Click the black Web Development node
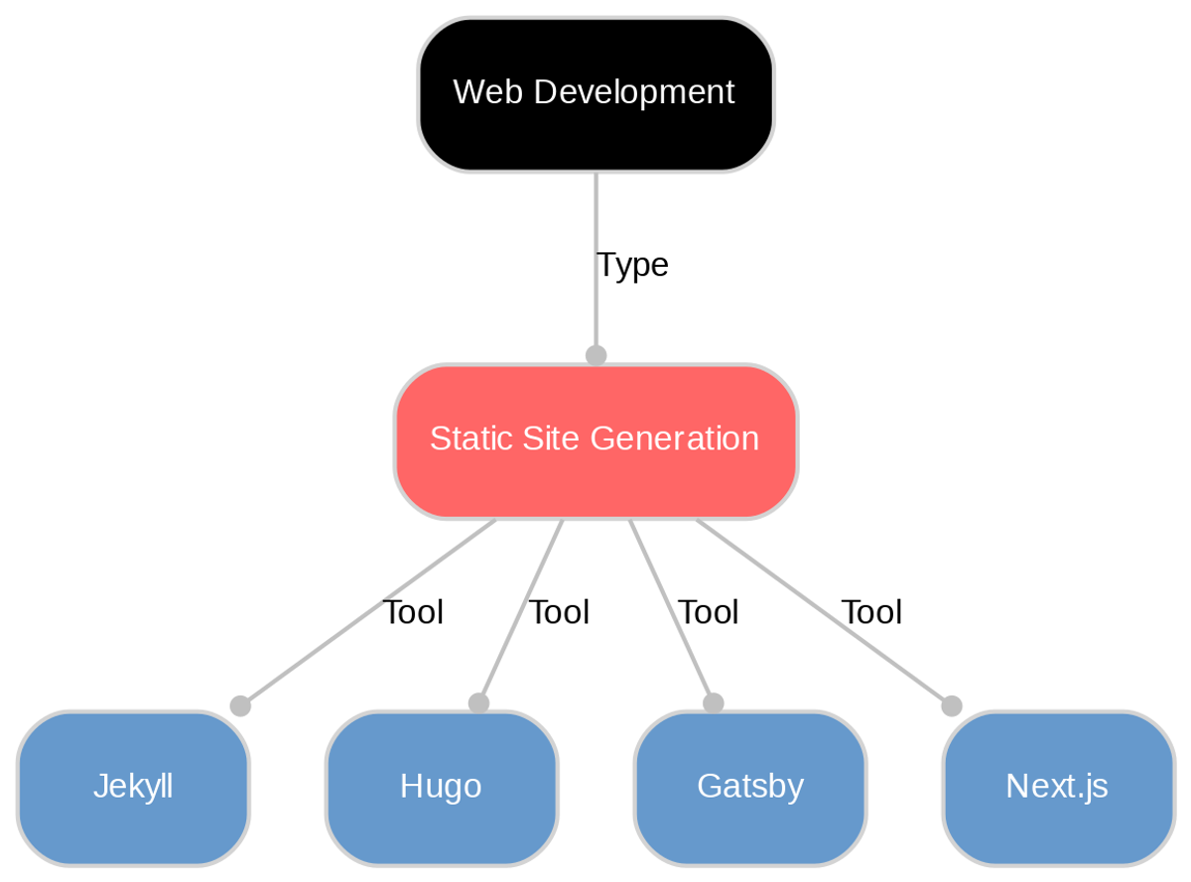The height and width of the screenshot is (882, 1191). click(x=595, y=94)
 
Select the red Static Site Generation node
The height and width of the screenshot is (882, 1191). click(x=595, y=441)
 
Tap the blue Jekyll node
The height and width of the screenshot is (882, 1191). click(x=133, y=788)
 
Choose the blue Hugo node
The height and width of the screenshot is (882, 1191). click(x=442, y=788)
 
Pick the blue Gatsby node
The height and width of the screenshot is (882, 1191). click(x=750, y=788)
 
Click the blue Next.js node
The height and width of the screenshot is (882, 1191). click(x=1058, y=788)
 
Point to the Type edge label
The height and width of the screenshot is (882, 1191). click(x=632, y=265)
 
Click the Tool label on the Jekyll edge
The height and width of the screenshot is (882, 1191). click(x=412, y=613)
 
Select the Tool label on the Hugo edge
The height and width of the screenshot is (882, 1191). click(x=559, y=613)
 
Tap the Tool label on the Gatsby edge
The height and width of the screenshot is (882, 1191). click(x=708, y=613)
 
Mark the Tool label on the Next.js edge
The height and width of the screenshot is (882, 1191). click(x=871, y=613)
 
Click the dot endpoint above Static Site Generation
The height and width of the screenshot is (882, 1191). click(x=595, y=355)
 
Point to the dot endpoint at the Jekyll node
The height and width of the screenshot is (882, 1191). click(x=239, y=705)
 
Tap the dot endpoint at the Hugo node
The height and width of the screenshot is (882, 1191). click(x=478, y=702)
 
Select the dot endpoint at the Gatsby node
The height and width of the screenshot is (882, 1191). click(x=713, y=702)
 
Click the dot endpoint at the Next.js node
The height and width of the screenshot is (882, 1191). click(x=951, y=705)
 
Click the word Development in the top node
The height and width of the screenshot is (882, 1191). click(x=634, y=93)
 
